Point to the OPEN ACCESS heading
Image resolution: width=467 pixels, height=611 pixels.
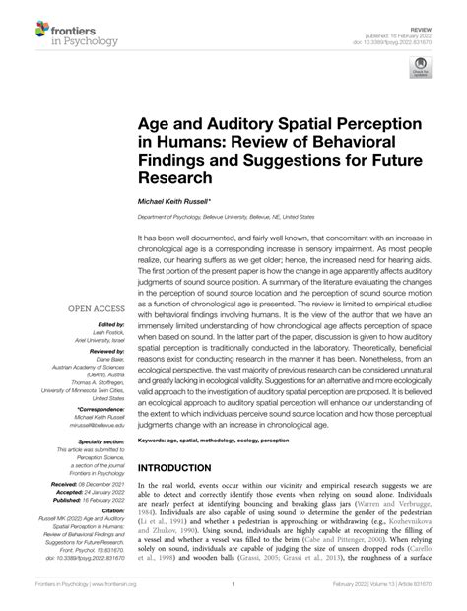pos(96,308)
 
